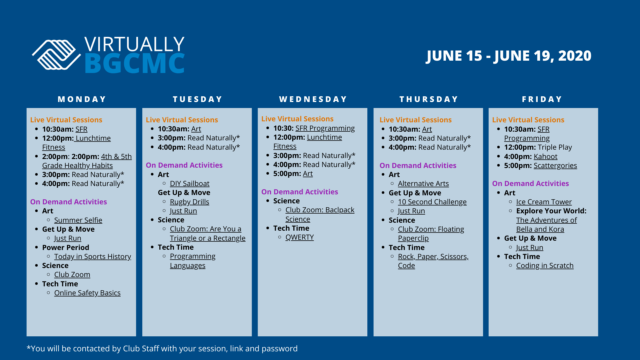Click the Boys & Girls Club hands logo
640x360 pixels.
tap(56, 55)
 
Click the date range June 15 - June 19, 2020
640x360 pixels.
tap(509, 56)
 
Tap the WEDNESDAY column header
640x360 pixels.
tap(313, 99)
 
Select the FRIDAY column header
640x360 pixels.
tap(542, 99)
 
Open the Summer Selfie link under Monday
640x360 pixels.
tap(78, 220)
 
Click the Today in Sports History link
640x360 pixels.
tap(92, 257)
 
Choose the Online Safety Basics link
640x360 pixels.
tap(87, 293)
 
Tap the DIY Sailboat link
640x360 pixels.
tap(190, 184)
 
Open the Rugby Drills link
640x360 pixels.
tap(189, 202)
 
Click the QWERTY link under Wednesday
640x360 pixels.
tap(299, 237)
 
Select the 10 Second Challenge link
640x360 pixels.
tap(432, 202)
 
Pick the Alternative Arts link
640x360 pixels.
tap(423, 184)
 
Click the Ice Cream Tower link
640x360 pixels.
tap(544, 202)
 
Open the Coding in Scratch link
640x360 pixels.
tap(545, 266)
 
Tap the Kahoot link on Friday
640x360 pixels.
tap(545, 157)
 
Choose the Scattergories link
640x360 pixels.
tap(555, 166)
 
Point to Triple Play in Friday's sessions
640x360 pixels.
tap(555, 147)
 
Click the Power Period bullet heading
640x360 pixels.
tap(66, 248)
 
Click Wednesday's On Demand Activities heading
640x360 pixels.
tap(300, 192)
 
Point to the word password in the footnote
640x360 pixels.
tap(279, 349)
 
